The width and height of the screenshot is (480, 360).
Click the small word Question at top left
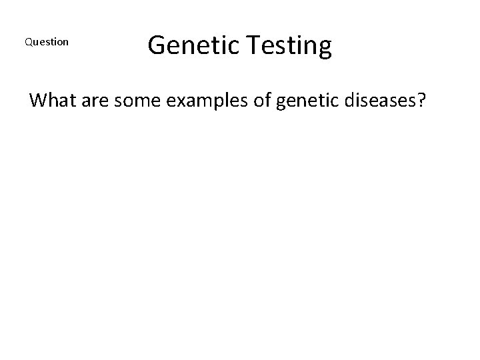pos(46,42)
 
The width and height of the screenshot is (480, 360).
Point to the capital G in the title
pos(157,45)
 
